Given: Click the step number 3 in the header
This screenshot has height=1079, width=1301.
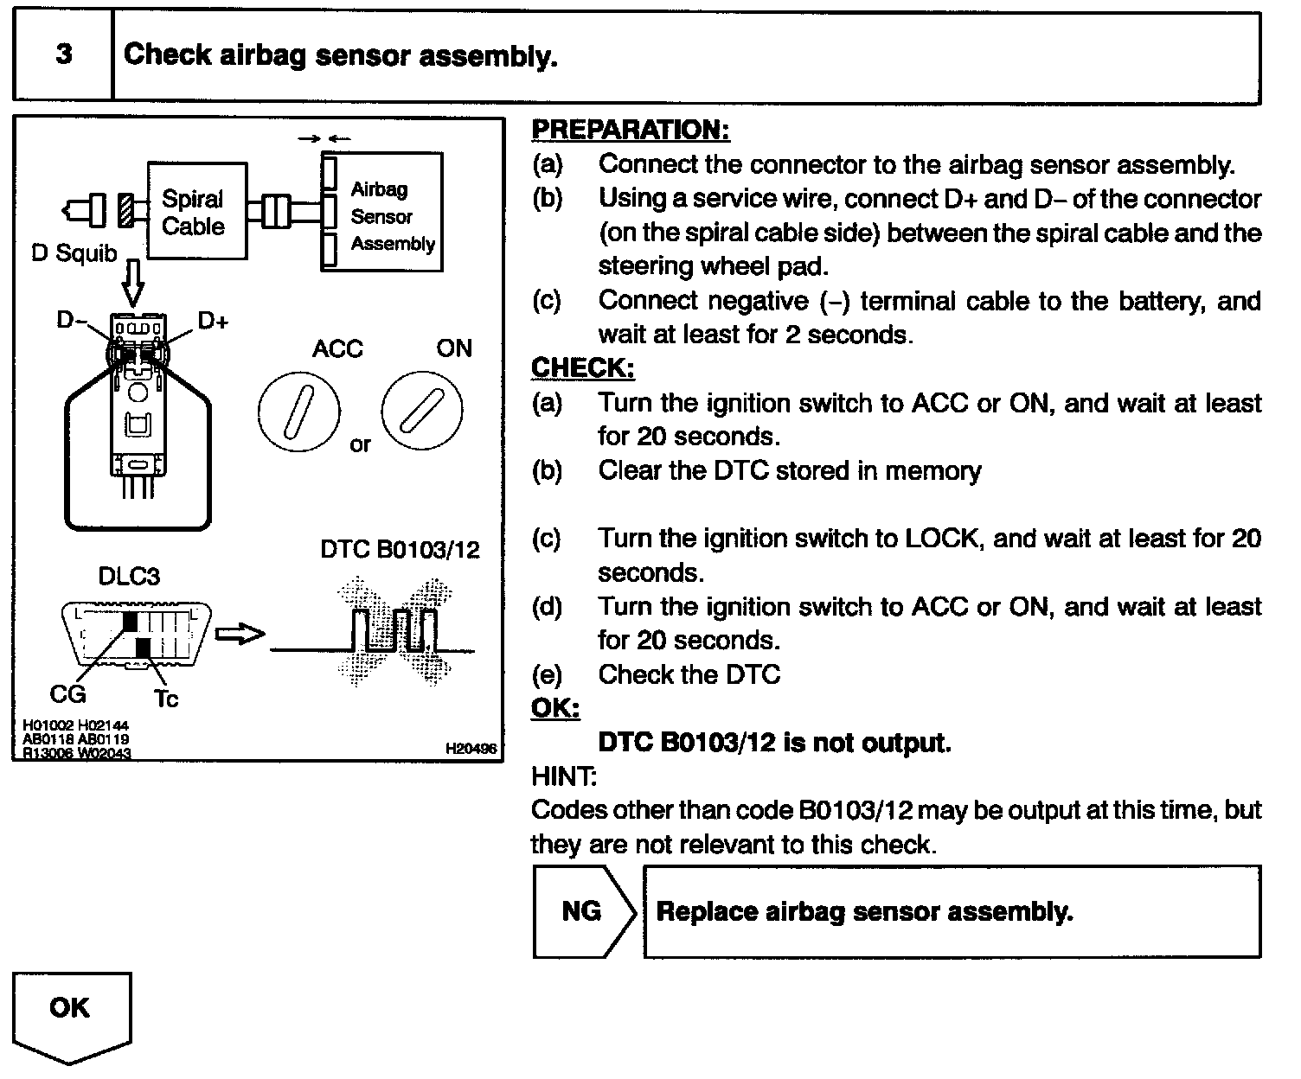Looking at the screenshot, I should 63,54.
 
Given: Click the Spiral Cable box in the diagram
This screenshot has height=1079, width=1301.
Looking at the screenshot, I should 195,211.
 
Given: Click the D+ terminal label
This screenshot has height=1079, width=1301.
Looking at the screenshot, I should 214,322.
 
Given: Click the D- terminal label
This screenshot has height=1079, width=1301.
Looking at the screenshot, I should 72,321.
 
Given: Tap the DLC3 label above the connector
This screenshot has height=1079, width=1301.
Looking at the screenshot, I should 129,576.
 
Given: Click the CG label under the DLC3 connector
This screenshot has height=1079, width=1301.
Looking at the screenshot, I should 67,693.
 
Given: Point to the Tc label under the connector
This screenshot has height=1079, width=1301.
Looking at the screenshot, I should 165,697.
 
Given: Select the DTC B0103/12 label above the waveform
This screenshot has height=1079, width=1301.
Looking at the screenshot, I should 400,550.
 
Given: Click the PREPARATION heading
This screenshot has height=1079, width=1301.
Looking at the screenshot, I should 630,130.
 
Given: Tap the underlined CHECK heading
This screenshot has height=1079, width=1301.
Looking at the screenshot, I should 582,367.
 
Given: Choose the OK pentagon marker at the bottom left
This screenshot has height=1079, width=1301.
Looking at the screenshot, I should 71,1012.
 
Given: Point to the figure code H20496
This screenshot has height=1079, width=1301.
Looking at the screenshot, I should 471,749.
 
